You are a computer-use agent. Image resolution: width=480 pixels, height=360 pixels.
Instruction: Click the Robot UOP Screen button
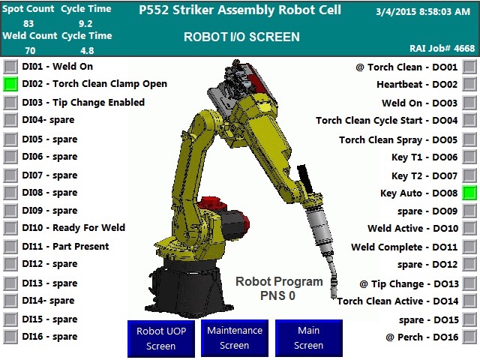[161, 338]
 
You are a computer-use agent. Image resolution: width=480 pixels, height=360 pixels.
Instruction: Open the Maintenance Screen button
[235, 338]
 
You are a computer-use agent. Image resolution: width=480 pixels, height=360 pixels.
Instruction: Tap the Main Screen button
[308, 338]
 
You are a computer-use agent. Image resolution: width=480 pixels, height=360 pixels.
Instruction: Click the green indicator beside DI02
[10, 84]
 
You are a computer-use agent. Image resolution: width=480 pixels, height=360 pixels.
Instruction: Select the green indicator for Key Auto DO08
[469, 193]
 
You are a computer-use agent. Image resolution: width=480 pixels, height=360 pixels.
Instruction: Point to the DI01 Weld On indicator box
[10, 67]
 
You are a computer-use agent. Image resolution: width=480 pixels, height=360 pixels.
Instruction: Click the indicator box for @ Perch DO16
[469, 337]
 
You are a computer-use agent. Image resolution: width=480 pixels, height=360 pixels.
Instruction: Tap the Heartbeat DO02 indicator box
[469, 84]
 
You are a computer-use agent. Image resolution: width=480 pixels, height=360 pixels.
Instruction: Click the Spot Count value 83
[28, 23]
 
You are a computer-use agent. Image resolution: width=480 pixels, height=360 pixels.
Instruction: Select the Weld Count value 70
[30, 50]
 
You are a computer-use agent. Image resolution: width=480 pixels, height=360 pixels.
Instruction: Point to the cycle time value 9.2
[85, 23]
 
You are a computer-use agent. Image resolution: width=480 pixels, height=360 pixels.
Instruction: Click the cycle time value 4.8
[87, 50]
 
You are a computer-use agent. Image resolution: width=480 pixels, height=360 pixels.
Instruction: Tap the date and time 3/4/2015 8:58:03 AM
[423, 12]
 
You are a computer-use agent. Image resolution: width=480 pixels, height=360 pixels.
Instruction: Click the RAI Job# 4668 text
[442, 48]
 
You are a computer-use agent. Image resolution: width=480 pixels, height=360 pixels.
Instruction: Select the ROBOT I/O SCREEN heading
[241, 37]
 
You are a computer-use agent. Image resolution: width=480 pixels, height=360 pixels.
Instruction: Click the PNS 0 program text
[277, 295]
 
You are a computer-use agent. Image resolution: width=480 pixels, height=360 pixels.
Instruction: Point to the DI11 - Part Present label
[65, 247]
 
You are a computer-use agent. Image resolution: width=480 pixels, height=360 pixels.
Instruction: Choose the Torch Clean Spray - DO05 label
[398, 140]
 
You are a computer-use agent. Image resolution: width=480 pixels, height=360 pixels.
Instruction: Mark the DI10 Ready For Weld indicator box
[10, 228]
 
